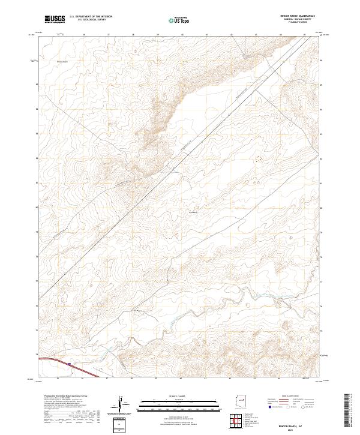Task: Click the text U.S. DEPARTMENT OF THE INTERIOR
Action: click(91, 17)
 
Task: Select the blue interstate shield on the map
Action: click(71, 364)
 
